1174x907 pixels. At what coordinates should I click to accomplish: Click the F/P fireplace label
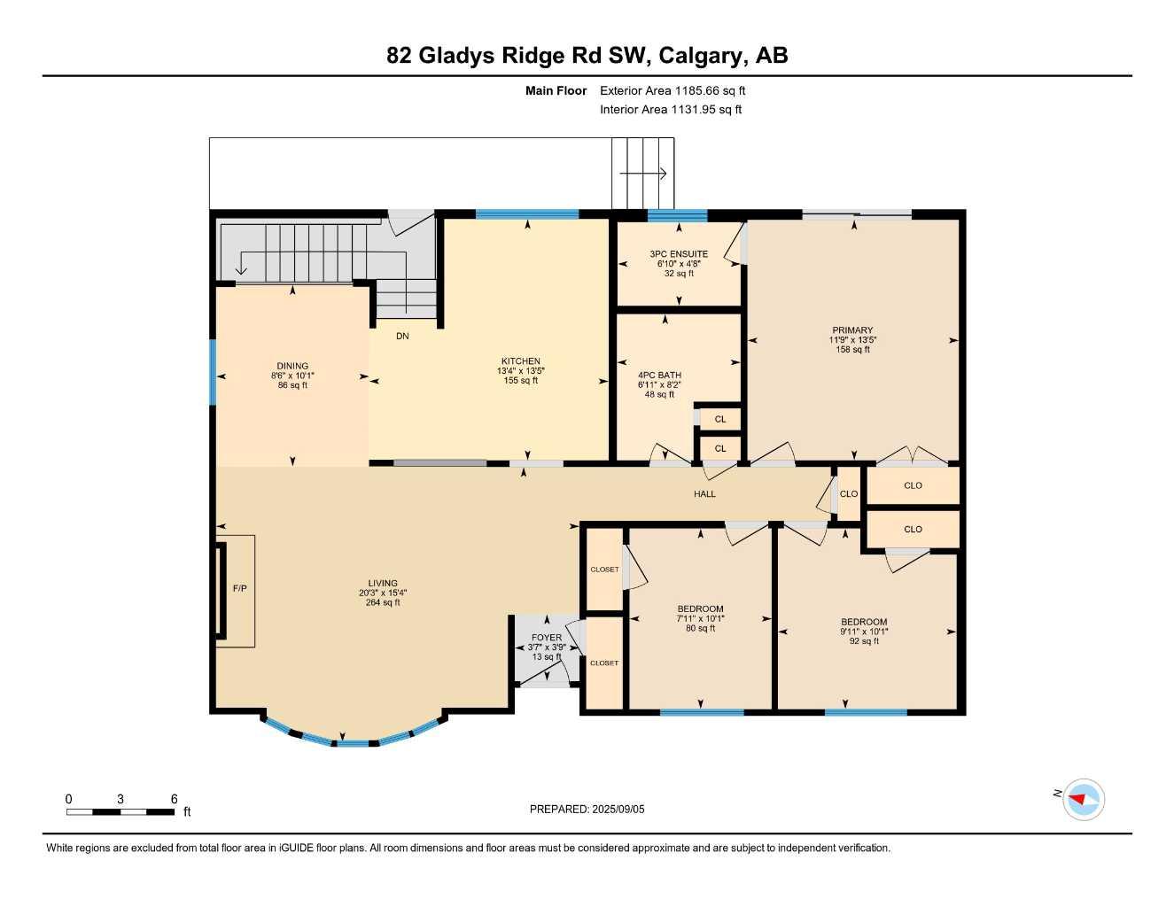tap(239, 589)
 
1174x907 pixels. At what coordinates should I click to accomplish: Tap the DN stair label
tap(402, 337)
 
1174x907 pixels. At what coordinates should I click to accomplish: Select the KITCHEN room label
tap(520, 361)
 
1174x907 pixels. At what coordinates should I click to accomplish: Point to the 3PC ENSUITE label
tap(679, 254)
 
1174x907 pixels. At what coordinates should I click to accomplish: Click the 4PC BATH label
tap(659, 376)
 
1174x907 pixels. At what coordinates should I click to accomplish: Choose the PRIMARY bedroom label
tap(852, 330)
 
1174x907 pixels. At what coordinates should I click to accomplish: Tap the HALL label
tap(704, 494)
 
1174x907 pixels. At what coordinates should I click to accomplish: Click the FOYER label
tap(547, 638)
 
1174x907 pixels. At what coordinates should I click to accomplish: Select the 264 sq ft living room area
tap(383, 603)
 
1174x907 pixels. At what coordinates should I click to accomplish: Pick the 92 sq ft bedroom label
tap(864, 641)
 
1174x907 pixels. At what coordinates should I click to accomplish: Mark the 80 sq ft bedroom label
tap(700, 629)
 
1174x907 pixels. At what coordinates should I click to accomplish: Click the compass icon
tap(1083, 800)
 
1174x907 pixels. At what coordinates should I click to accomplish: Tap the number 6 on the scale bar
tap(174, 799)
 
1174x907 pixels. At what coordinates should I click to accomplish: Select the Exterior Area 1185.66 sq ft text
tap(673, 90)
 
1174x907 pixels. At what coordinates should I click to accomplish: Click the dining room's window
tap(213, 373)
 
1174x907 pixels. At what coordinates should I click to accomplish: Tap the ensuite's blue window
tap(677, 214)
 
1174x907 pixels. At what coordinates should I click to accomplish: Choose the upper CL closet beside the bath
tap(719, 420)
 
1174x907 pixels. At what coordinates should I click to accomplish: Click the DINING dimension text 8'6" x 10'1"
tap(292, 376)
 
